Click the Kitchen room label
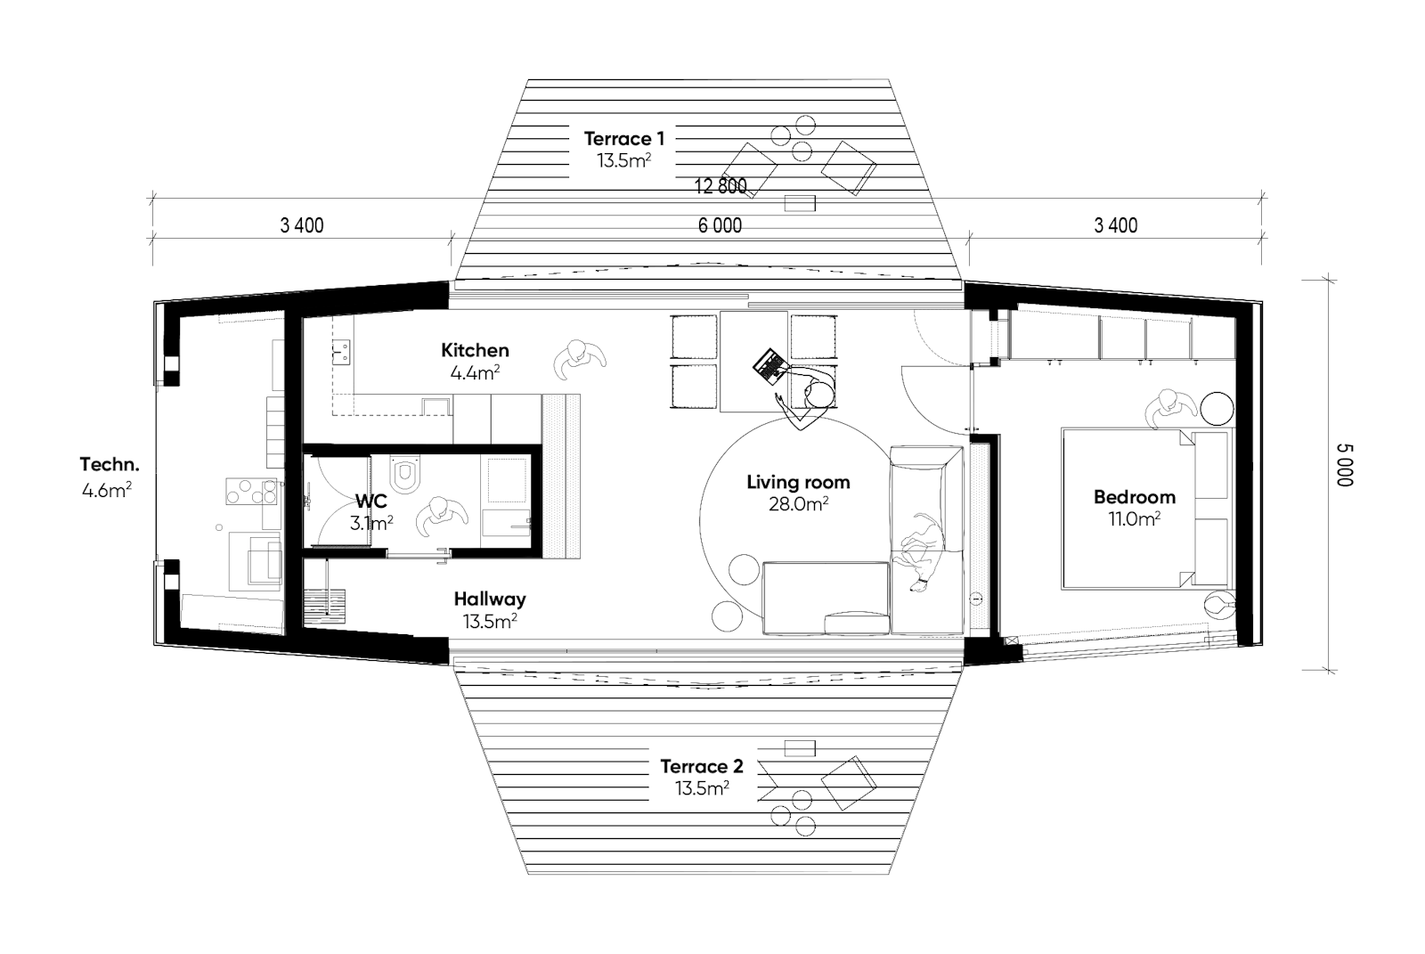[x=475, y=350]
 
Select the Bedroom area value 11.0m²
[x=1134, y=518]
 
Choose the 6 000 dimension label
[x=720, y=225]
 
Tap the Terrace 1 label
[x=623, y=138]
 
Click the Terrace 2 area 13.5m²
[x=701, y=788]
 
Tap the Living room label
[x=798, y=482]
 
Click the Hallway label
[x=489, y=599]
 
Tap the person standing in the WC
[x=441, y=515]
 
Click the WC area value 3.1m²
[x=371, y=524]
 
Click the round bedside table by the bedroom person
[x=1217, y=409]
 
